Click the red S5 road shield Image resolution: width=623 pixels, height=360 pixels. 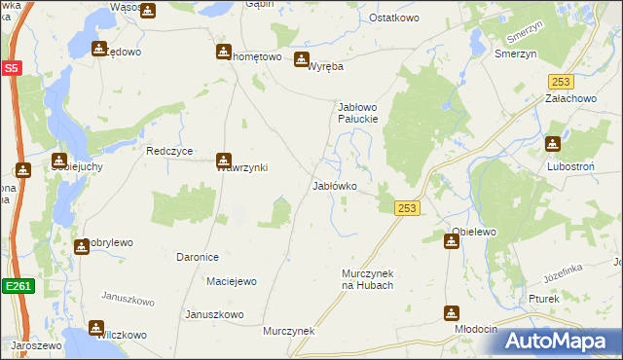click(x=11, y=68)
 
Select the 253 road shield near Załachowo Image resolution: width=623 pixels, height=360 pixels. click(x=559, y=83)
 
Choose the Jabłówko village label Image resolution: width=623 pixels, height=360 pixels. click(x=334, y=185)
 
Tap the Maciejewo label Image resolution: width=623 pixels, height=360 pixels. click(x=231, y=282)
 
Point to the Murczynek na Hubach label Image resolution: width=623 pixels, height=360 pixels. click(x=367, y=279)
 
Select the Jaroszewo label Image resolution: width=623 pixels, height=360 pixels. click(x=35, y=345)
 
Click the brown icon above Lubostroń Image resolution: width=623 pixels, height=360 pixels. click(x=554, y=143)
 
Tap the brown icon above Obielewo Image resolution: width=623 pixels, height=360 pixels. click(x=452, y=240)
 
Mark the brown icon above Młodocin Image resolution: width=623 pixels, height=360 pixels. click(x=452, y=313)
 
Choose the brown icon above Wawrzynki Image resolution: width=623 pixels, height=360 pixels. click(x=224, y=160)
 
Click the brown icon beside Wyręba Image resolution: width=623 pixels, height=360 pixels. click(x=302, y=58)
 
